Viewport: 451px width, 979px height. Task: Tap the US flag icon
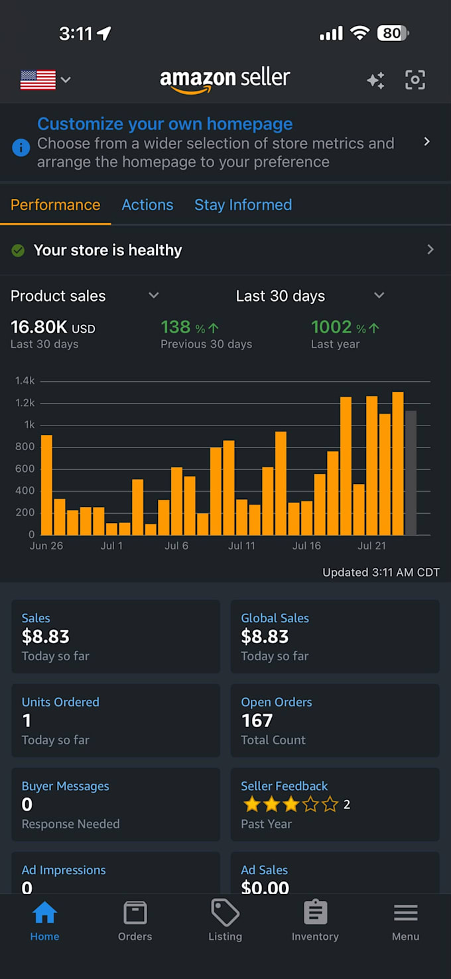[x=38, y=80]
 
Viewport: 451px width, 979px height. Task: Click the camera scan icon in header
[x=415, y=80]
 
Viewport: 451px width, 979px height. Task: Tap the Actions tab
[x=147, y=205]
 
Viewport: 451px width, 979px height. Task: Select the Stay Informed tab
[x=243, y=205]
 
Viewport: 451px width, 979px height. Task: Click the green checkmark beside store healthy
[x=18, y=251]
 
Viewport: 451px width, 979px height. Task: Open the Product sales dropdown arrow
[x=154, y=296]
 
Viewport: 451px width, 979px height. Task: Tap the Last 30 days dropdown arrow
[x=379, y=296]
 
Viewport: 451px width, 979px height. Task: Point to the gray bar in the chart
[x=411, y=473]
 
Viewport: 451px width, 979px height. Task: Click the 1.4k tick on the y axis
[x=25, y=380]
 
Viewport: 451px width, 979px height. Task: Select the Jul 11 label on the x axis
[x=241, y=546]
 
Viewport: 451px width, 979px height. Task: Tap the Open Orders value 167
[x=257, y=720]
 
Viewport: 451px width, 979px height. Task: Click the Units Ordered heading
[x=60, y=702]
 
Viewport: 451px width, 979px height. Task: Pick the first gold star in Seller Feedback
[x=252, y=804]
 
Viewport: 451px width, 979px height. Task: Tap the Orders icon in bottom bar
[x=135, y=913]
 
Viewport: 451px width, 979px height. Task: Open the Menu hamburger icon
[x=405, y=913]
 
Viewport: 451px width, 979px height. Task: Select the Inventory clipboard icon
[x=316, y=912]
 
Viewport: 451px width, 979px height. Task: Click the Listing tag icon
[x=225, y=913]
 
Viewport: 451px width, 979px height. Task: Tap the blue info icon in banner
[x=21, y=147]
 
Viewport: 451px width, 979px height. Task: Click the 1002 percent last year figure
[x=345, y=327]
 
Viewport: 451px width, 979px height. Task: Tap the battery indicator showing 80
[x=393, y=33]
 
